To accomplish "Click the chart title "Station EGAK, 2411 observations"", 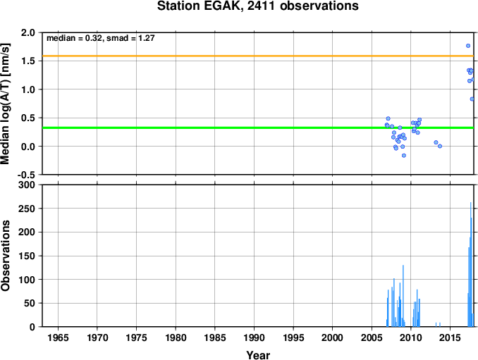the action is point(257,6).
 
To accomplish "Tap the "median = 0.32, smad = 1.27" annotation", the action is point(101,38).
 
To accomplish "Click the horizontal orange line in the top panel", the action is point(258,56).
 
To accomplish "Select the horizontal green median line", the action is point(258,128).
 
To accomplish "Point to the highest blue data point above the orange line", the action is point(468,46).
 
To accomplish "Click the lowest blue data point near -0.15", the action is point(404,155).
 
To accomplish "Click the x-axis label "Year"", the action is point(258,355).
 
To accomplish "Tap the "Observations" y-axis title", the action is point(6,256).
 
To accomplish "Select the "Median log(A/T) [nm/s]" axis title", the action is point(6,104).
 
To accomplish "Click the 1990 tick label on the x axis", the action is point(254,337).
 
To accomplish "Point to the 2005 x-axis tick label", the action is point(372,337).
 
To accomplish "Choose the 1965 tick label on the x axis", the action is point(58,337).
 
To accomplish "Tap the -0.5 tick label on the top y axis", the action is point(26,175).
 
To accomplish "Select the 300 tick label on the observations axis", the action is point(27,185).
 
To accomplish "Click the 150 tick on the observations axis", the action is point(27,256).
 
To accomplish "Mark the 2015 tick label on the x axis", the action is point(450,337).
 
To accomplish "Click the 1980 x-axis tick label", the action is point(176,337).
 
